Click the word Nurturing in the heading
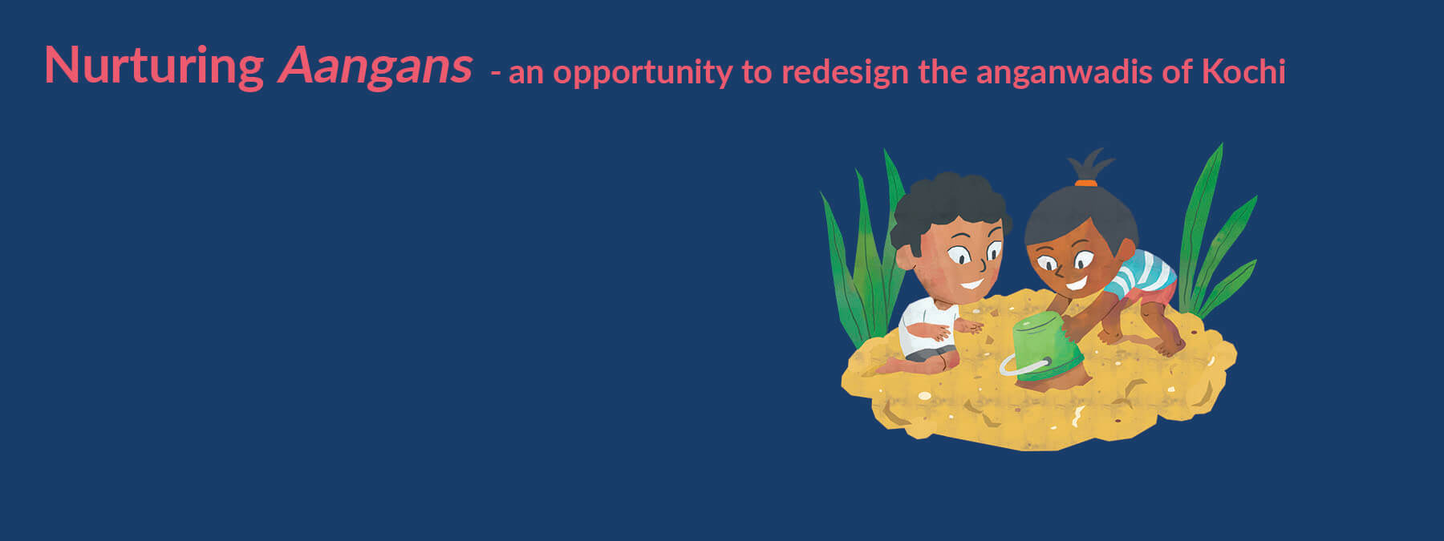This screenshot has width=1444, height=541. (x=154, y=67)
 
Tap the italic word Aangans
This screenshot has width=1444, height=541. (x=375, y=67)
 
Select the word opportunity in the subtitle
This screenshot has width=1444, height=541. (x=643, y=74)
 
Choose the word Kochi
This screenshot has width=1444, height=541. (x=1243, y=72)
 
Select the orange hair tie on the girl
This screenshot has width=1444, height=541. (x=1085, y=183)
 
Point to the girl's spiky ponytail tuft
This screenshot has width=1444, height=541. (x=1089, y=164)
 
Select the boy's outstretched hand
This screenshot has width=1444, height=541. (x=969, y=325)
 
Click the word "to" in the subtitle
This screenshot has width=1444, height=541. (x=756, y=73)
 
